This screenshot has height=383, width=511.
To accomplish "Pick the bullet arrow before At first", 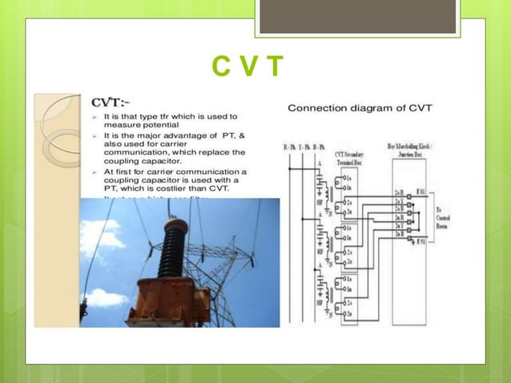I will [x=95, y=171].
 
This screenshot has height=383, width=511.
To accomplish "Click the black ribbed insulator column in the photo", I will [x=173, y=253].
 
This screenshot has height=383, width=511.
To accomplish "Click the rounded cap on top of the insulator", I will [x=176, y=224].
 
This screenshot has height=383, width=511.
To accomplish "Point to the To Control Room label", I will [x=445, y=217].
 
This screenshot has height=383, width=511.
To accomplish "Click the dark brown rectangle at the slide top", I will [x=357, y=17].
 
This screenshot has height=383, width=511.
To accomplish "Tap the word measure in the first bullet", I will [x=126, y=125].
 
